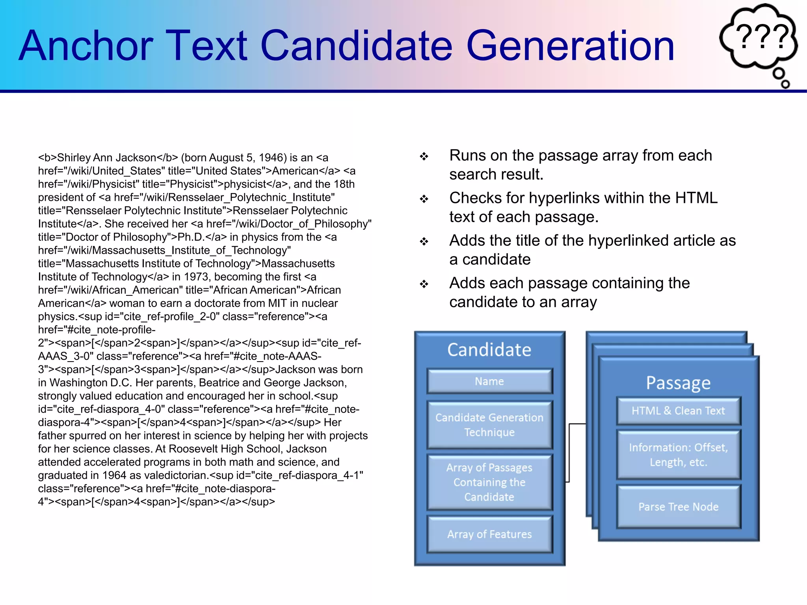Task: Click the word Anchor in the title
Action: (86, 46)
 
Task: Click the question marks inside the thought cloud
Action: (762, 37)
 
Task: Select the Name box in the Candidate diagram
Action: (489, 381)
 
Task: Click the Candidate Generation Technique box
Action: (489, 425)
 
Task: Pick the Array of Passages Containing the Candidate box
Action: (489, 482)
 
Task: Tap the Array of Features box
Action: (489, 534)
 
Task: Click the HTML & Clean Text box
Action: (678, 411)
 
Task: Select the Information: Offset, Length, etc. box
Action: (678, 455)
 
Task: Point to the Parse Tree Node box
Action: (678, 507)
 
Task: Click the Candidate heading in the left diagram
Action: (489, 350)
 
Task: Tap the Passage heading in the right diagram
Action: (678, 383)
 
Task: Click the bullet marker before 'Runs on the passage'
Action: (424, 156)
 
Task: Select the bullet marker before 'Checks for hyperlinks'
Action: (424, 199)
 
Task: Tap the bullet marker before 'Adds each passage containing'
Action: (424, 284)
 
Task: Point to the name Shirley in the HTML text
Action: (74, 158)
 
